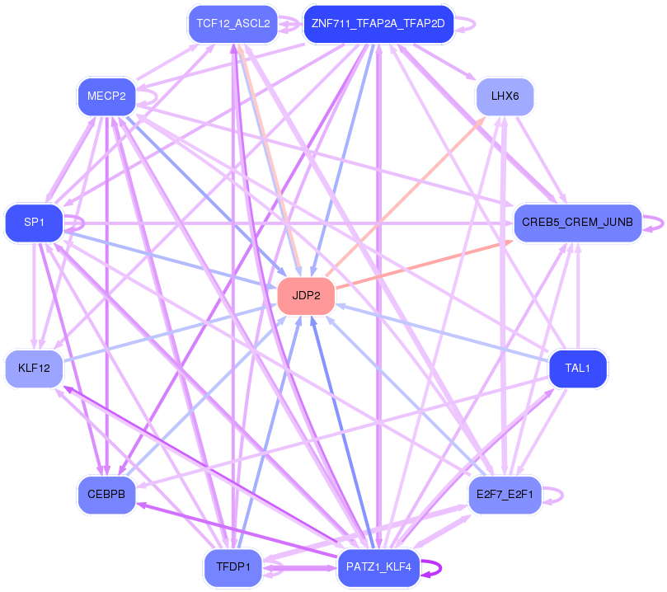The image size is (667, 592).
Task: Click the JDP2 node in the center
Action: pos(306,296)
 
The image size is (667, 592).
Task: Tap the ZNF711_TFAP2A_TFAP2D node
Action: pos(378,24)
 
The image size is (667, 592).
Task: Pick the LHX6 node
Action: pos(505,96)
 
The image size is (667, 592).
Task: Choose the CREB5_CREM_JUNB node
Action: pos(577,223)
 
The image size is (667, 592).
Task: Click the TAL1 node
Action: pos(578,369)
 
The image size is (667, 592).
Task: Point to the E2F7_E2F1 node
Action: pos(505,495)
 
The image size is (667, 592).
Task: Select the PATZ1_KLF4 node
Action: pos(379,567)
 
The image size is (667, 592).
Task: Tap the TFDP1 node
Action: pos(233,567)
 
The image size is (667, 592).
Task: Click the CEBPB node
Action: pos(106,495)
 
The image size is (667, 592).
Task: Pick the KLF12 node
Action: pos(34,369)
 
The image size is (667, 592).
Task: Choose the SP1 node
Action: pos(34,223)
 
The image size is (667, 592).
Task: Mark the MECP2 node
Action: pos(106,96)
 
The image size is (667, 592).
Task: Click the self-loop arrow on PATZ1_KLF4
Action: pos(438,567)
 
